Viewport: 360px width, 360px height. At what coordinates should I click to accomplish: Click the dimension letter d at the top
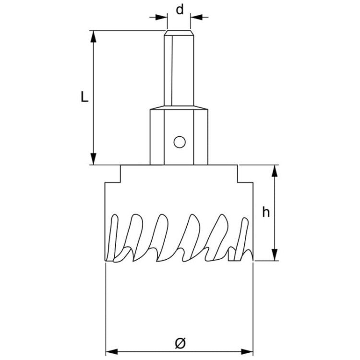coord(180,9)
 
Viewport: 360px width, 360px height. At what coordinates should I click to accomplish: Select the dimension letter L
coord(84,97)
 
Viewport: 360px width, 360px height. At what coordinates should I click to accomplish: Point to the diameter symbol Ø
coord(180,342)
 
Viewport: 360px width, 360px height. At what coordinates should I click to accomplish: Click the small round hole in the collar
coord(180,142)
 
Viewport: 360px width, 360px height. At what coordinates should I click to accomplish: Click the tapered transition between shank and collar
coord(180,107)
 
